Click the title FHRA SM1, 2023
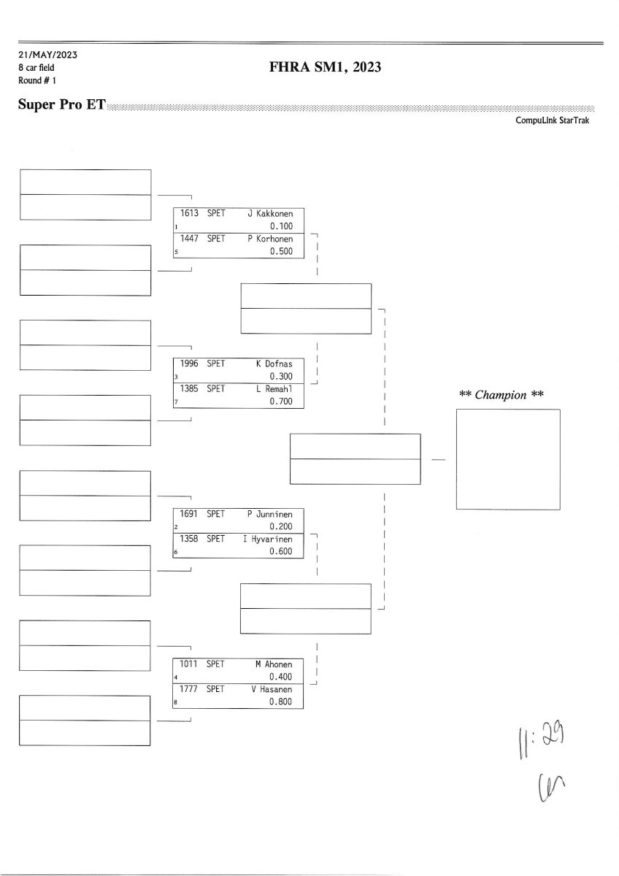[x=326, y=68]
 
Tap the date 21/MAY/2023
[x=48, y=55]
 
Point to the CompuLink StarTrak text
[x=552, y=120]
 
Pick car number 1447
[x=190, y=239]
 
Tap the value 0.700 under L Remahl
[x=280, y=401]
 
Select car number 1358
[x=190, y=539]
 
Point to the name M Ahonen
[x=274, y=664]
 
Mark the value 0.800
[x=280, y=702]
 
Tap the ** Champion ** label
[x=502, y=395]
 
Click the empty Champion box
[x=508, y=459]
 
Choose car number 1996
[x=190, y=364]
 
